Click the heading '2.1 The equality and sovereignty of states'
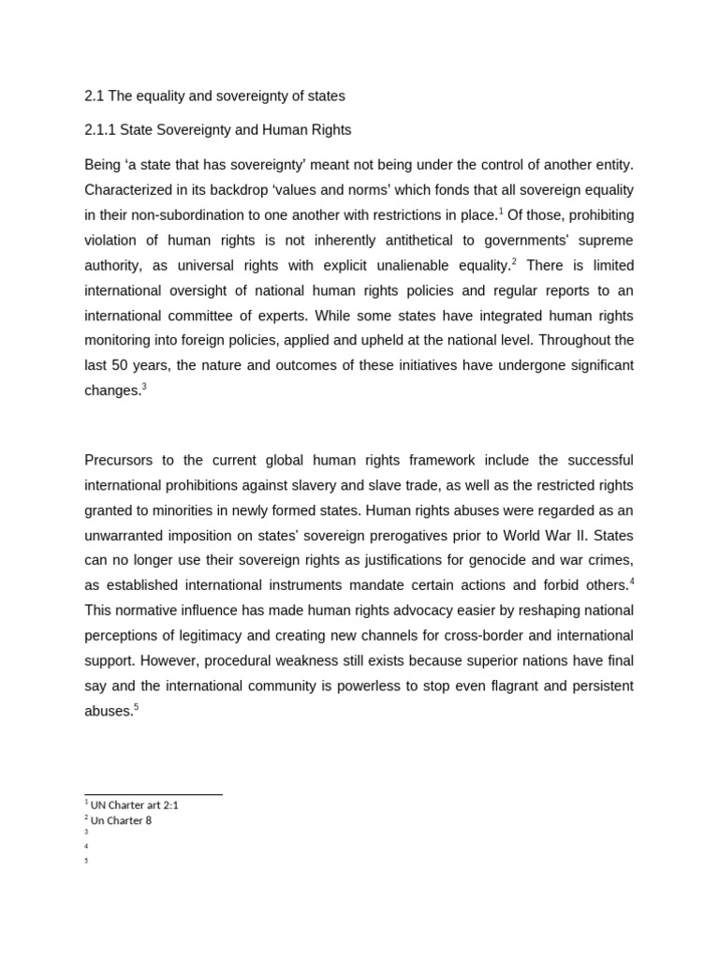pyautogui.click(x=214, y=96)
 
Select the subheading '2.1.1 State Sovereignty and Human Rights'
pyautogui.click(x=217, y=130)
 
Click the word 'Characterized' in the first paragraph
pyautogui.click(x=129, y=190)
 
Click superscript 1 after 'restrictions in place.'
pyautogui.click(x=502, y=211)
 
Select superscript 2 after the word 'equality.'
pyautogui.click(x=514, y=261)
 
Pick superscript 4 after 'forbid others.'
pyautogui.click(x=631, y=581)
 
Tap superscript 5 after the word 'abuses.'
pyautogui.click(x=136, y=706)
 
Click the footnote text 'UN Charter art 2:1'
pyautogui.click(x=134, y=804)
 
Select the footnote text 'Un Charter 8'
pyautogui.click(x=121, y=820)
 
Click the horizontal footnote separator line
pyautogui.click(x=154, y=795)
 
